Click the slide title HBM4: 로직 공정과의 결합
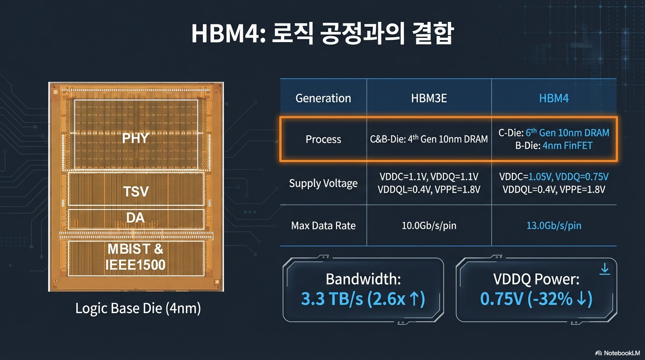[x=322, y=34]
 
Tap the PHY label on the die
[x=135, y=138]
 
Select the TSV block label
[x=135, y=191]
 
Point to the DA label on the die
[x=135, y=217]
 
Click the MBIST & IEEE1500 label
[x=135, y=256]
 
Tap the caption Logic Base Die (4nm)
[x=138, y=308]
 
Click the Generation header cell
[x=323, y=98]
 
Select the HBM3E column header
[x=428, y=98]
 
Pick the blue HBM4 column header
[x=554, y=98]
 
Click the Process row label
[x=323, y=139]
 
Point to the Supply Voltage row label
[x=323, y=183]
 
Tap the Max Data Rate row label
[x=323, y=225]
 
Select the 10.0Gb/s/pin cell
[x=428, y=225]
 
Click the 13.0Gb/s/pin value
[x=554, y=225]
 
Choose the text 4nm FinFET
[x=567, y=146]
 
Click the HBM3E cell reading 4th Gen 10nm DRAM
[x=428, y=139]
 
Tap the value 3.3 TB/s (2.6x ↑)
[x=363, y=299]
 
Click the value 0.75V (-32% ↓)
[x=536, y=299]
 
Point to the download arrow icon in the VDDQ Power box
[x=605, y=269]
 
